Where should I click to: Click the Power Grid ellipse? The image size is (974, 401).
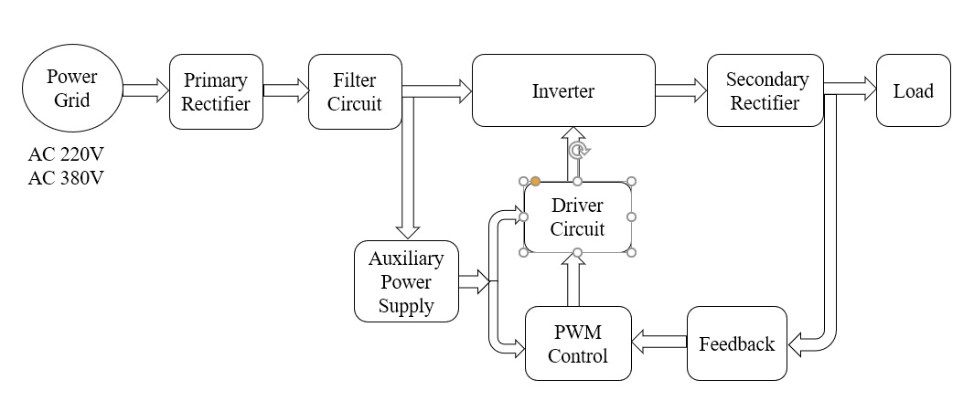tap(71, 90)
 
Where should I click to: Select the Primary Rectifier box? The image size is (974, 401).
tap(216, 91)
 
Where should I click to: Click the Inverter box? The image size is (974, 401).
tap(563, 90)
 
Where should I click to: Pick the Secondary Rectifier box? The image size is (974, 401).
tap(765, 90)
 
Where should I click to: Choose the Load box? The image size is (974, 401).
tap(914, 90)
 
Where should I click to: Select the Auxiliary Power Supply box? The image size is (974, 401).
tap(406, 281)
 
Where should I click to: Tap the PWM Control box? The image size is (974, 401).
tap(578, 343)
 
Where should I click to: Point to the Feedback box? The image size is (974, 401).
tap(737, 343)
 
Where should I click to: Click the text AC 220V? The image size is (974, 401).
tap(65, 154)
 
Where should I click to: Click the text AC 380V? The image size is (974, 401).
tap(65, 177)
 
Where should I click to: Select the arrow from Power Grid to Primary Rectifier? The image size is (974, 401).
tap(145, 90)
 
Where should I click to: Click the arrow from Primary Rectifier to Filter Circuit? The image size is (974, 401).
tap(285, 90)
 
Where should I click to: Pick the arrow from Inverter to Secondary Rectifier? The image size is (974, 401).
tap(680, 89)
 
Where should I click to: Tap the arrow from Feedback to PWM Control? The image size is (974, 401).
tap(659, 343)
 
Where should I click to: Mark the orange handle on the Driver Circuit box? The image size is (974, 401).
tap(535, 181)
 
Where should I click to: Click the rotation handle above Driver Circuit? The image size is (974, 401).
tap(576, 150)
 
